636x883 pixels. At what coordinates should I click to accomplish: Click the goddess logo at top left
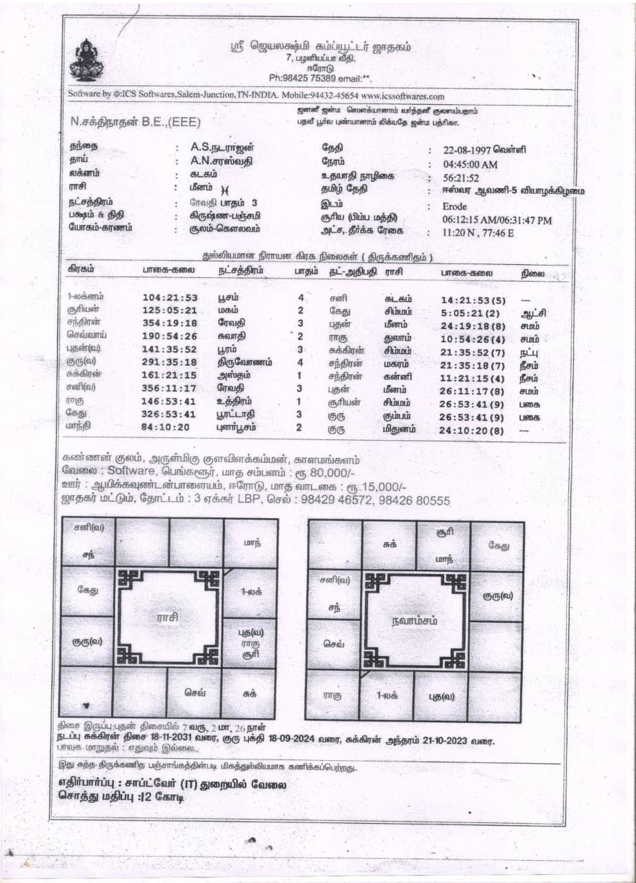point(86,61)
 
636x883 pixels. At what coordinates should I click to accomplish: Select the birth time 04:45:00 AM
point(470,164)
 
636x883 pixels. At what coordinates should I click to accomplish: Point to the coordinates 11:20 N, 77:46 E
point(478,232)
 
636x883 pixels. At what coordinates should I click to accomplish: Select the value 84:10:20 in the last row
point(168,428)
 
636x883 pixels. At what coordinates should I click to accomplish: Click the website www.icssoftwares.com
point(402,97)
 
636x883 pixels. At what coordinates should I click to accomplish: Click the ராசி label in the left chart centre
point(168,617)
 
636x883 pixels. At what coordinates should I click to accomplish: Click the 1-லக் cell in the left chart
point(249,591)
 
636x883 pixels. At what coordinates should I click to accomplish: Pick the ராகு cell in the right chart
point(332,695)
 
